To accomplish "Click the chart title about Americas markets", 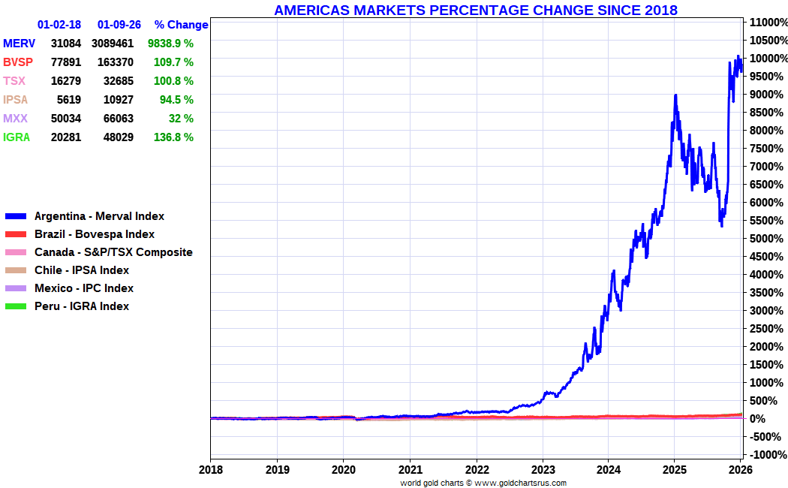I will tap(476, 10).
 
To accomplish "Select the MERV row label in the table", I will tap(19, 44).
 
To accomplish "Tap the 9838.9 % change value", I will tap(170, 44).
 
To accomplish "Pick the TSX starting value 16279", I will tap(66, 81).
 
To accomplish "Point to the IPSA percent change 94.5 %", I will tap(177, 100).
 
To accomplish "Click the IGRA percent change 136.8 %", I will tap(173, 137).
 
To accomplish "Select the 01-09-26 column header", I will tap(119, 25).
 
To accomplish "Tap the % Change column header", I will tap(181, 25).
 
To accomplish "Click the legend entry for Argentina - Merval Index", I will tap(99, 216).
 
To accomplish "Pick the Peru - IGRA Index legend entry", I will tap(81, 306).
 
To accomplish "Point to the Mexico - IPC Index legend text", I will tap(84, 288).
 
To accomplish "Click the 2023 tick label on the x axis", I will tap(543, 469).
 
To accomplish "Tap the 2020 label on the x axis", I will tap(343, 469).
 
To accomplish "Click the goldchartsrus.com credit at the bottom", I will tap(483, 483).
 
